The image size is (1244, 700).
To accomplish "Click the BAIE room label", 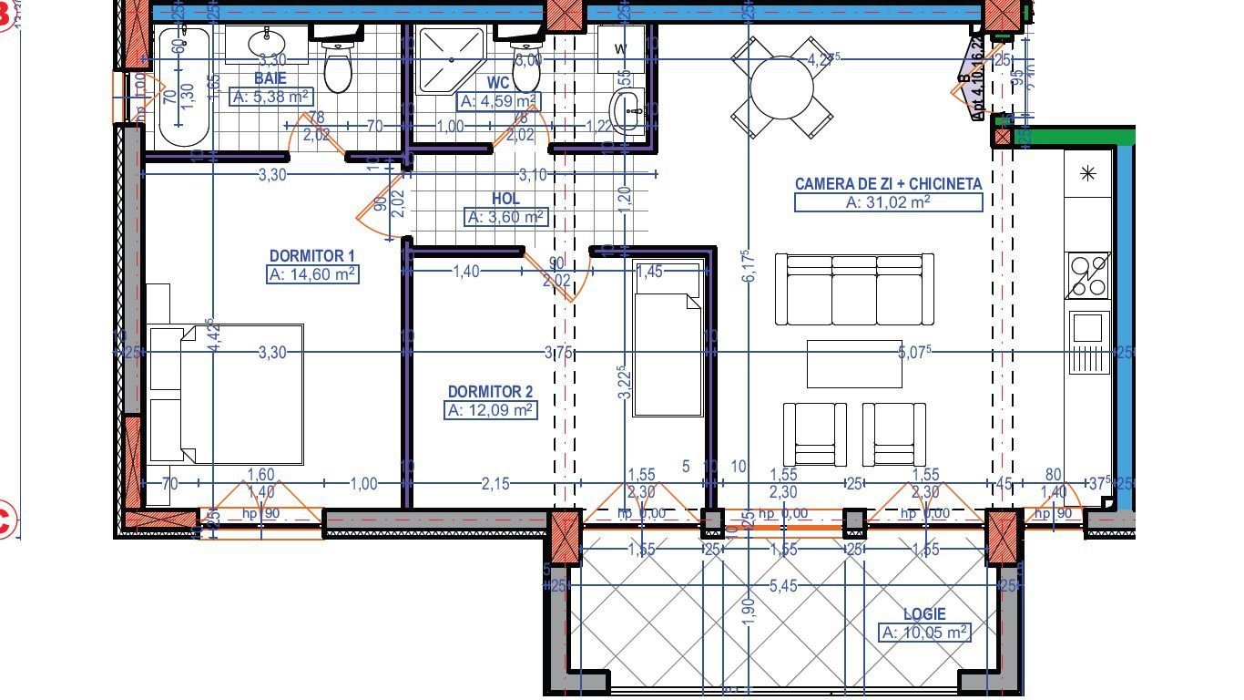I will [x=270, y=79].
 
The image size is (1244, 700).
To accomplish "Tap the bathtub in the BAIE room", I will [x=184, y=87].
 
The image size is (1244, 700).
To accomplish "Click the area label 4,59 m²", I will [x=499, y=101].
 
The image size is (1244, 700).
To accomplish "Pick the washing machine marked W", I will [x=621, y=48].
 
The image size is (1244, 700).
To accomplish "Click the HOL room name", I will [x=505, y=199].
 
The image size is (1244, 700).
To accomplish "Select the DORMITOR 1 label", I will [x=311, y=256].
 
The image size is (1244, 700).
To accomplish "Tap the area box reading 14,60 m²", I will [x=312, y=274].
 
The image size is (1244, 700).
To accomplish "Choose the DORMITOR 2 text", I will [x=490, y=392].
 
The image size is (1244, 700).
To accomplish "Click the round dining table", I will [x=782, y=87].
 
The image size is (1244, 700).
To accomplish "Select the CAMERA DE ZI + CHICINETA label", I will [x=888, y=184].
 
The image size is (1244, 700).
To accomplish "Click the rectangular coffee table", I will [x=853, y=363].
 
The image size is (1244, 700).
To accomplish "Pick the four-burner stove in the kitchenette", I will [x=1088, y=275].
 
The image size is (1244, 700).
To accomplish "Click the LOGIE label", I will [x=924, y=614].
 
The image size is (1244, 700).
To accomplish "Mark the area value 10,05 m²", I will [x=924, y=633].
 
